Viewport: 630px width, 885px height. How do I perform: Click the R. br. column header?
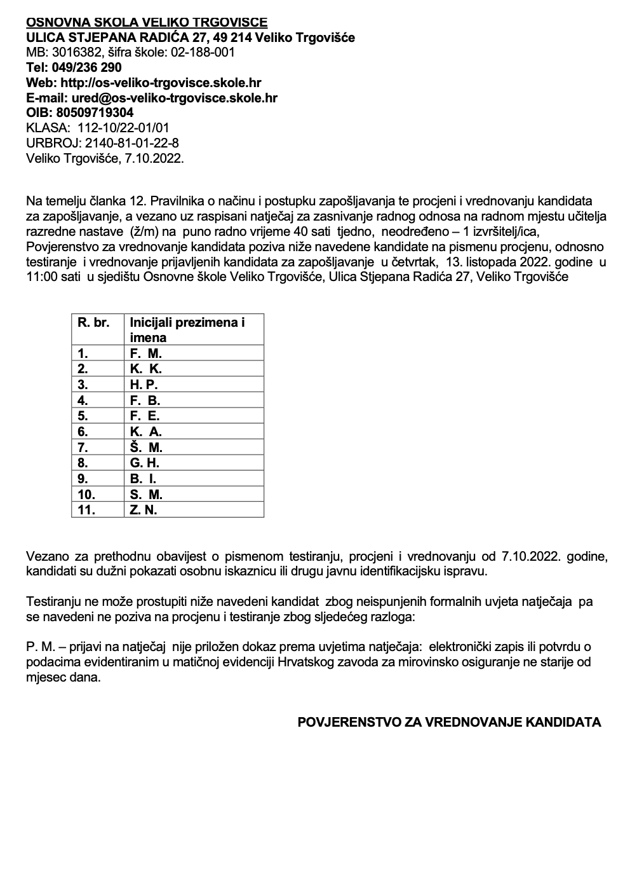point(93,322)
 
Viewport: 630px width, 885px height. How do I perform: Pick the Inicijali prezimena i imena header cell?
point(187,329)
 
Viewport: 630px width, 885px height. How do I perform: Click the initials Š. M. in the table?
point(146,448)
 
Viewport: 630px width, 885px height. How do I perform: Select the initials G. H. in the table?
point(145,463)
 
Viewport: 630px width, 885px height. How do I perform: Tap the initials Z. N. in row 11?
point(144,510)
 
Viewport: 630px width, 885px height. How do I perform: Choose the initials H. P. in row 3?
point(144,385)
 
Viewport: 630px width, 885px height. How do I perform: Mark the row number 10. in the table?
point(86,495)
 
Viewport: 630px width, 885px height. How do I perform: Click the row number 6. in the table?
point(83,432)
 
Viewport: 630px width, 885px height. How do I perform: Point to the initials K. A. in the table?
point(146,432)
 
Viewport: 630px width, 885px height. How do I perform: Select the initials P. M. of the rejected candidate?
point(39,647)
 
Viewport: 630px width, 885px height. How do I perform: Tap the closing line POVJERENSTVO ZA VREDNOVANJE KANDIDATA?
point(449,722)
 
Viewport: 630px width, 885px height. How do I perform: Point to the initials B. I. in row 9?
point(144,479)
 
